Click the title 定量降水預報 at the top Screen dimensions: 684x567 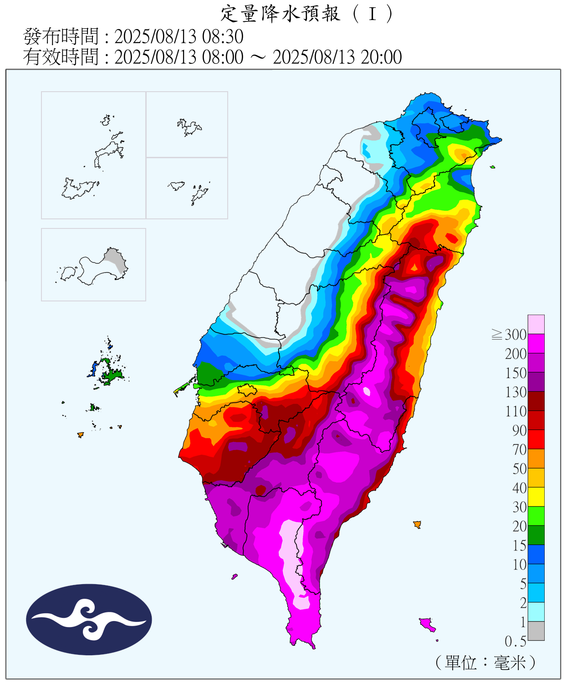coord(280,14)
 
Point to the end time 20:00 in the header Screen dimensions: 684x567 coord(381,57)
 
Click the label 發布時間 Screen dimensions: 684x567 coord(61,36)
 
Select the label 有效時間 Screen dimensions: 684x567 coord(61,57)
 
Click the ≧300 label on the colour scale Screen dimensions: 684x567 coord(509,335)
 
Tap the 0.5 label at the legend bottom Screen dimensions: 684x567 coord(515,642)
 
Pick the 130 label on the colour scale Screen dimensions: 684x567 coord(516,392)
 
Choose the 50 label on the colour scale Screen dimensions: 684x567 coord(519,469)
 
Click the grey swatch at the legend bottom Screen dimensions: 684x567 coord(536,631)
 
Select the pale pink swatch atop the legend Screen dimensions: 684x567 coord(536,324)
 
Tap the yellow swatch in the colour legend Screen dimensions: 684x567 coord(536,497)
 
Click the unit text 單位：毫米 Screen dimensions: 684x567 coord(485,663)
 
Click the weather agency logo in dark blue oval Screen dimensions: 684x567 coord(89,619)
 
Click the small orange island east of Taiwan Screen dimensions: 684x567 coord(417,524)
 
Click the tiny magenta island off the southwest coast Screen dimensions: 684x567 coord(234,576)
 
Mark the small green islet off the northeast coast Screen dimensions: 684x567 coord(492,167)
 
